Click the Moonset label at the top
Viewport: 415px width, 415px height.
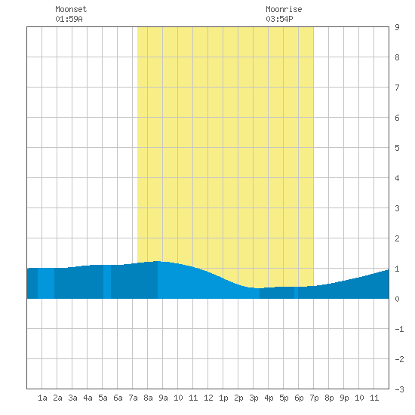click(71, 9)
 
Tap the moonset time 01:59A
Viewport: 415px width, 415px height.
click(69, 19)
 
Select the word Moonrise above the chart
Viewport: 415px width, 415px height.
click(284, 9)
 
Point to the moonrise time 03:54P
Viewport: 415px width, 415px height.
click(279, 19)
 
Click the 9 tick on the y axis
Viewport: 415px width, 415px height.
click(397, 27)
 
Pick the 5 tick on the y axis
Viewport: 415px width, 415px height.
click(397, 148)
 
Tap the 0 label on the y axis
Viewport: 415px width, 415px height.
click(397, 299)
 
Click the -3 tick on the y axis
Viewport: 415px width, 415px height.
click(399, 389)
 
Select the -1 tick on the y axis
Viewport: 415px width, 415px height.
click(399, 329)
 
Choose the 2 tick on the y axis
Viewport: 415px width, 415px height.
click(397, 238)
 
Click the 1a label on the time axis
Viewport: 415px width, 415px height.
click(42, 398)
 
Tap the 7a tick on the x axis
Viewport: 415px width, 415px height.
click(133, 398)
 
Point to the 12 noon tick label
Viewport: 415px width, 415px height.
click(208, 398)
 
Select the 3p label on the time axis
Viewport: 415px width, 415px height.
click(254, 398)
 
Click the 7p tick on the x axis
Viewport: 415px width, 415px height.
click(314, 398)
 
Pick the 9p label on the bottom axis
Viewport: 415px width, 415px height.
click(344, 398)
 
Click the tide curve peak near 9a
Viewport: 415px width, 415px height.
click(157, 261)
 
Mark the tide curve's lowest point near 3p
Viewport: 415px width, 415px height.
click(259, 288)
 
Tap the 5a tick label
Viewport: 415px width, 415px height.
click(103, 398)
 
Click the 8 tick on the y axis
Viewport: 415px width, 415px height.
click(397, 57)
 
